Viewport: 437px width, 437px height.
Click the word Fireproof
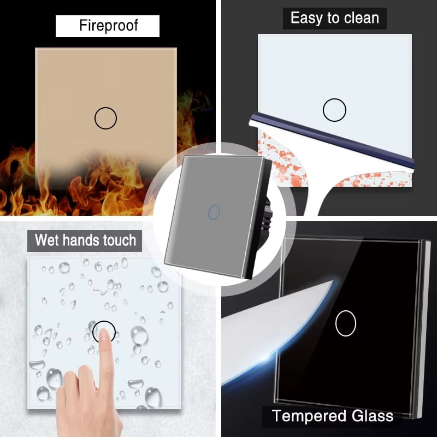(x=107, y=26)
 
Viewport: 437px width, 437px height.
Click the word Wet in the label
(x=48, y=240)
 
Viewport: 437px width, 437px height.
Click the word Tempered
(x=308, y=416)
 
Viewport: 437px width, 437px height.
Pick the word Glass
(x=371, y=416)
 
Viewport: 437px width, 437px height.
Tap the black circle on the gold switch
(x=105, y=118)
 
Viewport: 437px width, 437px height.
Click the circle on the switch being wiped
(x=334, y=110)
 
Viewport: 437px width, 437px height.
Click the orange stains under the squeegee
(x=279, y=164)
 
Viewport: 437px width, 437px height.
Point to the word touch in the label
(x=117, y=240)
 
